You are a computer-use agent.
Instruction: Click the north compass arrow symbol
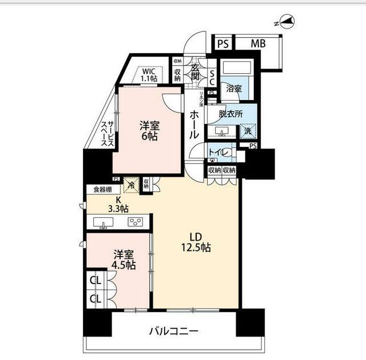click(288, 23)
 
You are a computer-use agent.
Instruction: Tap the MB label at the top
click(258, 43)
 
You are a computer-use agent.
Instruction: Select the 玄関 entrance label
click(194, 72)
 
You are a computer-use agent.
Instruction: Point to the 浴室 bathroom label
click(233, 89)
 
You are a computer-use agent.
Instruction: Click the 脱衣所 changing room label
click(230, 114)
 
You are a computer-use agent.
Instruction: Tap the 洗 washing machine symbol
click(247, 131)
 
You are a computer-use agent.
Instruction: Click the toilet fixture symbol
click(225, 153)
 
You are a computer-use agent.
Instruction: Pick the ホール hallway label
click(194, 125)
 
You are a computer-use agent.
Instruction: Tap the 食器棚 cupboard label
click(98, 189)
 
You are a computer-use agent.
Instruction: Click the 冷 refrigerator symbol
click(131, 185)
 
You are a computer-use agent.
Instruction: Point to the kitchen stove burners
click(136, 222)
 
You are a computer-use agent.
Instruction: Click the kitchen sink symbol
click(104, 223)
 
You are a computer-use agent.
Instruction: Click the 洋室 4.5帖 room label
click(124, 260)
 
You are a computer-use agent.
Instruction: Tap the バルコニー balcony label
click(174, 331)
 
